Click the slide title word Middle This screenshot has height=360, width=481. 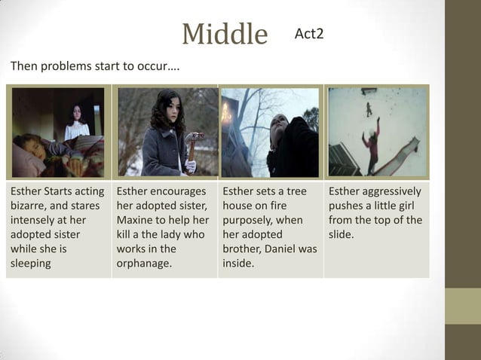click(225, 35)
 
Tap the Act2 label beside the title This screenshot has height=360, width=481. click(309, 34)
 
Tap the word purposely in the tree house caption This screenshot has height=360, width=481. click(249, 220)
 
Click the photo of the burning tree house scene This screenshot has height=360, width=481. click(270, 133)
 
